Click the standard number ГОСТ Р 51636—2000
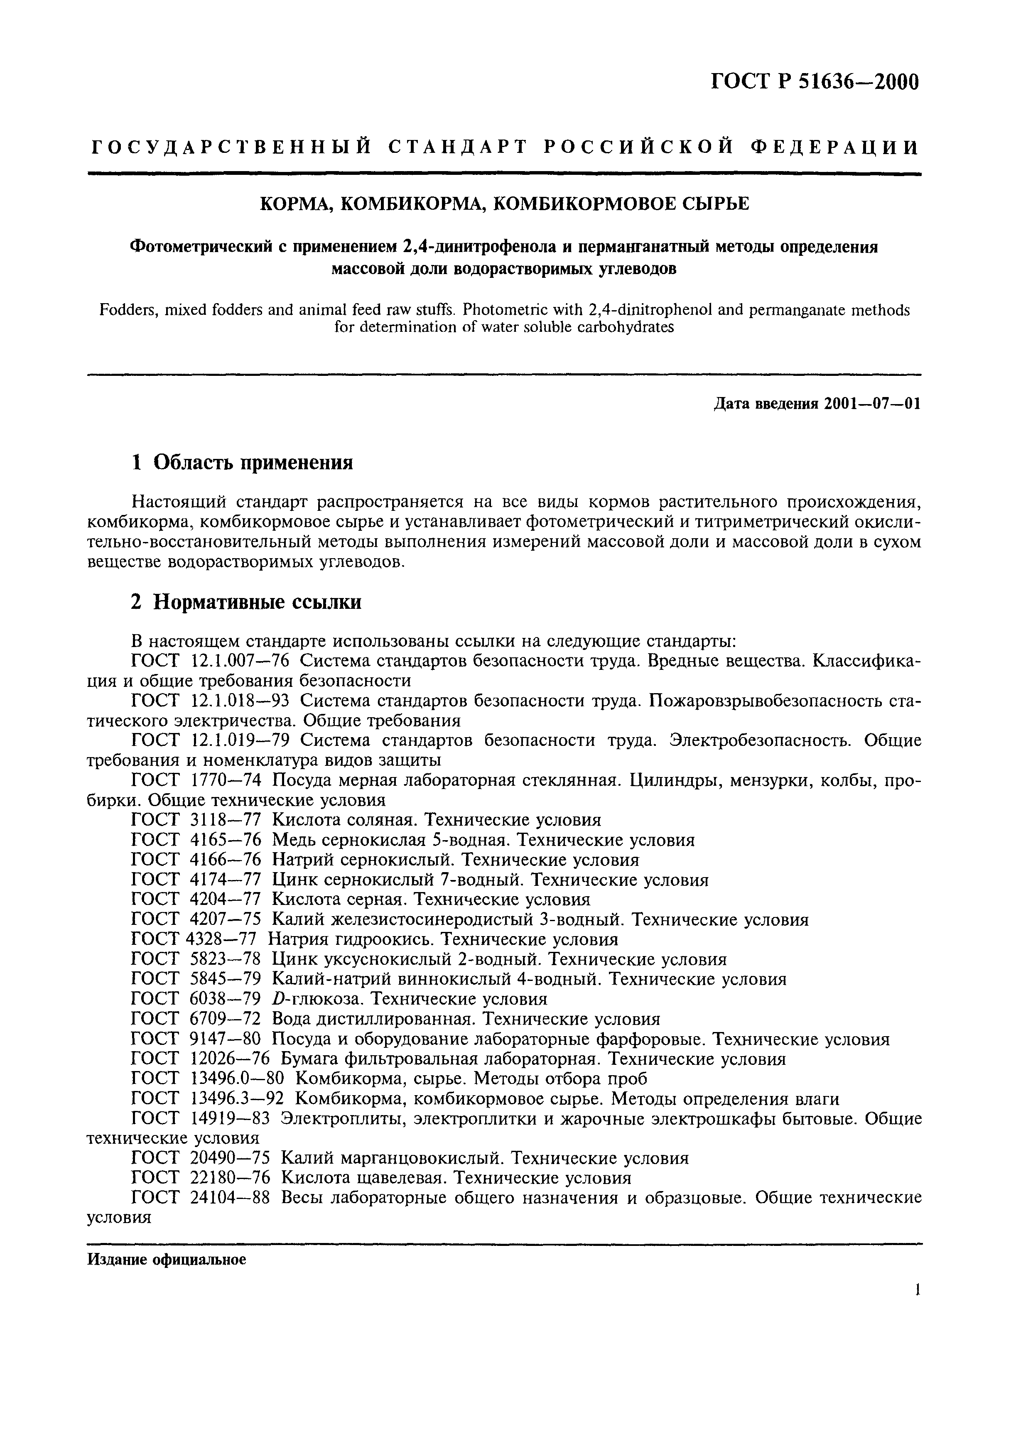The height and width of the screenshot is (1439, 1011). point(815,82)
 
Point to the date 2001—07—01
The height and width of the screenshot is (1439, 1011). point(873,404)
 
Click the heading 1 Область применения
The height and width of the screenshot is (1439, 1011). point(242,463)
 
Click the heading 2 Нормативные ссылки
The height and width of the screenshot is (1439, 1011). point(246,602)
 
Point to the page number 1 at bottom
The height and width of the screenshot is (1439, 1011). point(917,1290)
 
